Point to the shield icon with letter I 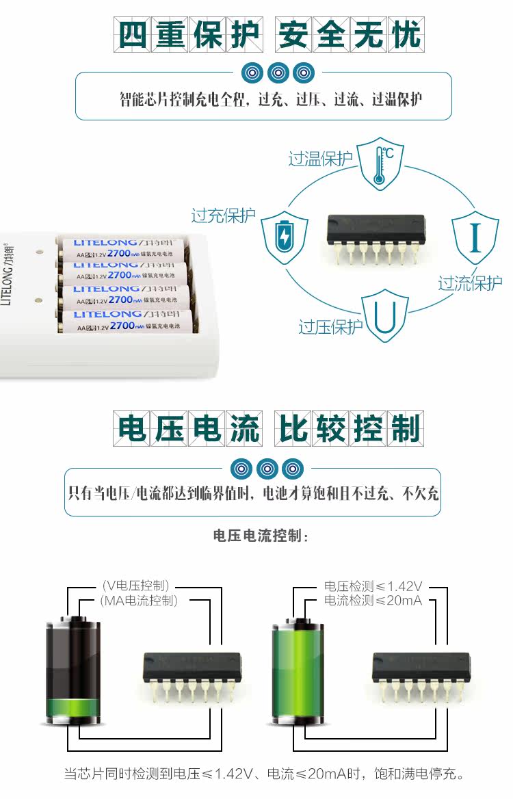click(475, 235)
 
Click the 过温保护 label click(320, 159)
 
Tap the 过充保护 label click(224, 215)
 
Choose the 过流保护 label click(470, 283)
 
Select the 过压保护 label click(330, 327)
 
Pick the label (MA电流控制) click(138, 601)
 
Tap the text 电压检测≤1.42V click(373, 586)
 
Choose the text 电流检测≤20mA click(373, 601)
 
